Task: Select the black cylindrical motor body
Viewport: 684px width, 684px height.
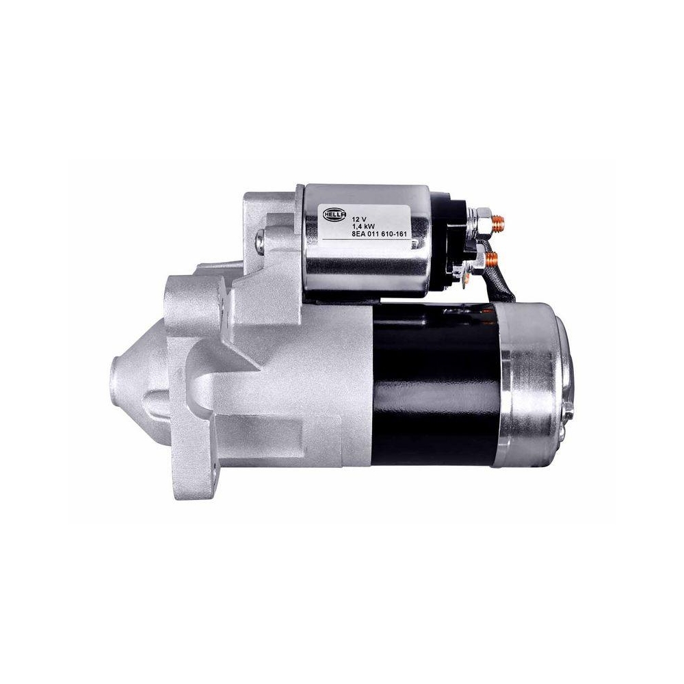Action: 434,383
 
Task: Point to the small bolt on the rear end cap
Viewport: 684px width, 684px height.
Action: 568,411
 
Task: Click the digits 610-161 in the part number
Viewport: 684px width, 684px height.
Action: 393,233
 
